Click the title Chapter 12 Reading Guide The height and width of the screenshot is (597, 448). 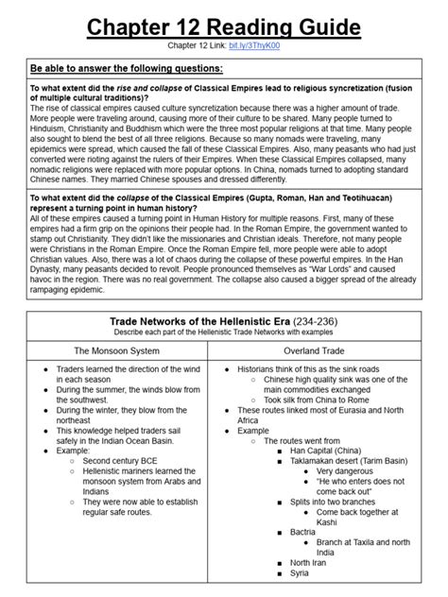coord(223,23)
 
